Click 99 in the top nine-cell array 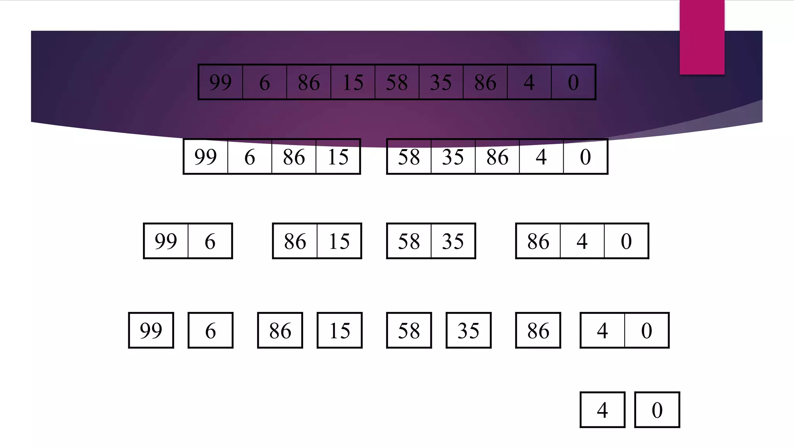pos(220,82)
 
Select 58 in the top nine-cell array pos(397,82)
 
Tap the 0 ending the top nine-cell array pos(573,82)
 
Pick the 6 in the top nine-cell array pos(264,82)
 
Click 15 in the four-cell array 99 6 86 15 pos(338,157)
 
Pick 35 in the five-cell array pos(453,157)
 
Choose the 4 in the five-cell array pos(541,157)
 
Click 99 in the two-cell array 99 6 pos(166,241)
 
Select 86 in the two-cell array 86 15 pos(295,241)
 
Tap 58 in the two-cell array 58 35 pos(409,241)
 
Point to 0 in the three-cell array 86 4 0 pos(626,241)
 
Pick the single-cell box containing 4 pos(602,410)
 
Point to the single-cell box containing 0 pos(657,410)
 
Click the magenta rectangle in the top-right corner pos(702,37)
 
